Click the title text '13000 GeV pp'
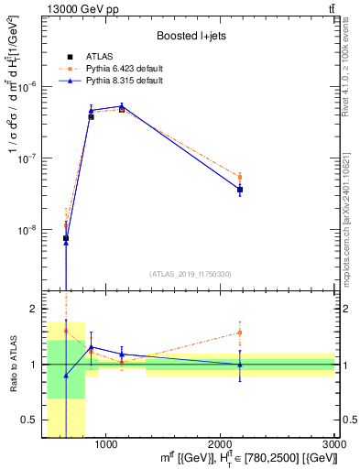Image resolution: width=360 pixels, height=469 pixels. [x=72, y=10]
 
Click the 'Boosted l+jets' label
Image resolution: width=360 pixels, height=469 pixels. [x=190, y=37]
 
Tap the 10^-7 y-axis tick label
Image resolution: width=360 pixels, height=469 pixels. [x=30, y=158]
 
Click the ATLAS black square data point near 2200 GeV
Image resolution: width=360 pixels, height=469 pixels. [x=240, y=190]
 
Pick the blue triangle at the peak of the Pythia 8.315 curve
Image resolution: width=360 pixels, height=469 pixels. [x=122, y=106]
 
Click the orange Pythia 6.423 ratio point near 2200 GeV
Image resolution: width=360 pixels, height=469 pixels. [x=240, y=333]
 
